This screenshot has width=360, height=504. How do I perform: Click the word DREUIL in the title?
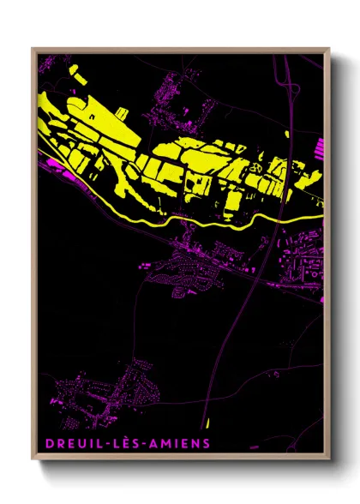tap(69, 444)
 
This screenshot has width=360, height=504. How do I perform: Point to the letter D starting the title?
tap(45, 444)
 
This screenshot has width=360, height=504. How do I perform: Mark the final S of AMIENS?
tap(205, 444)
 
